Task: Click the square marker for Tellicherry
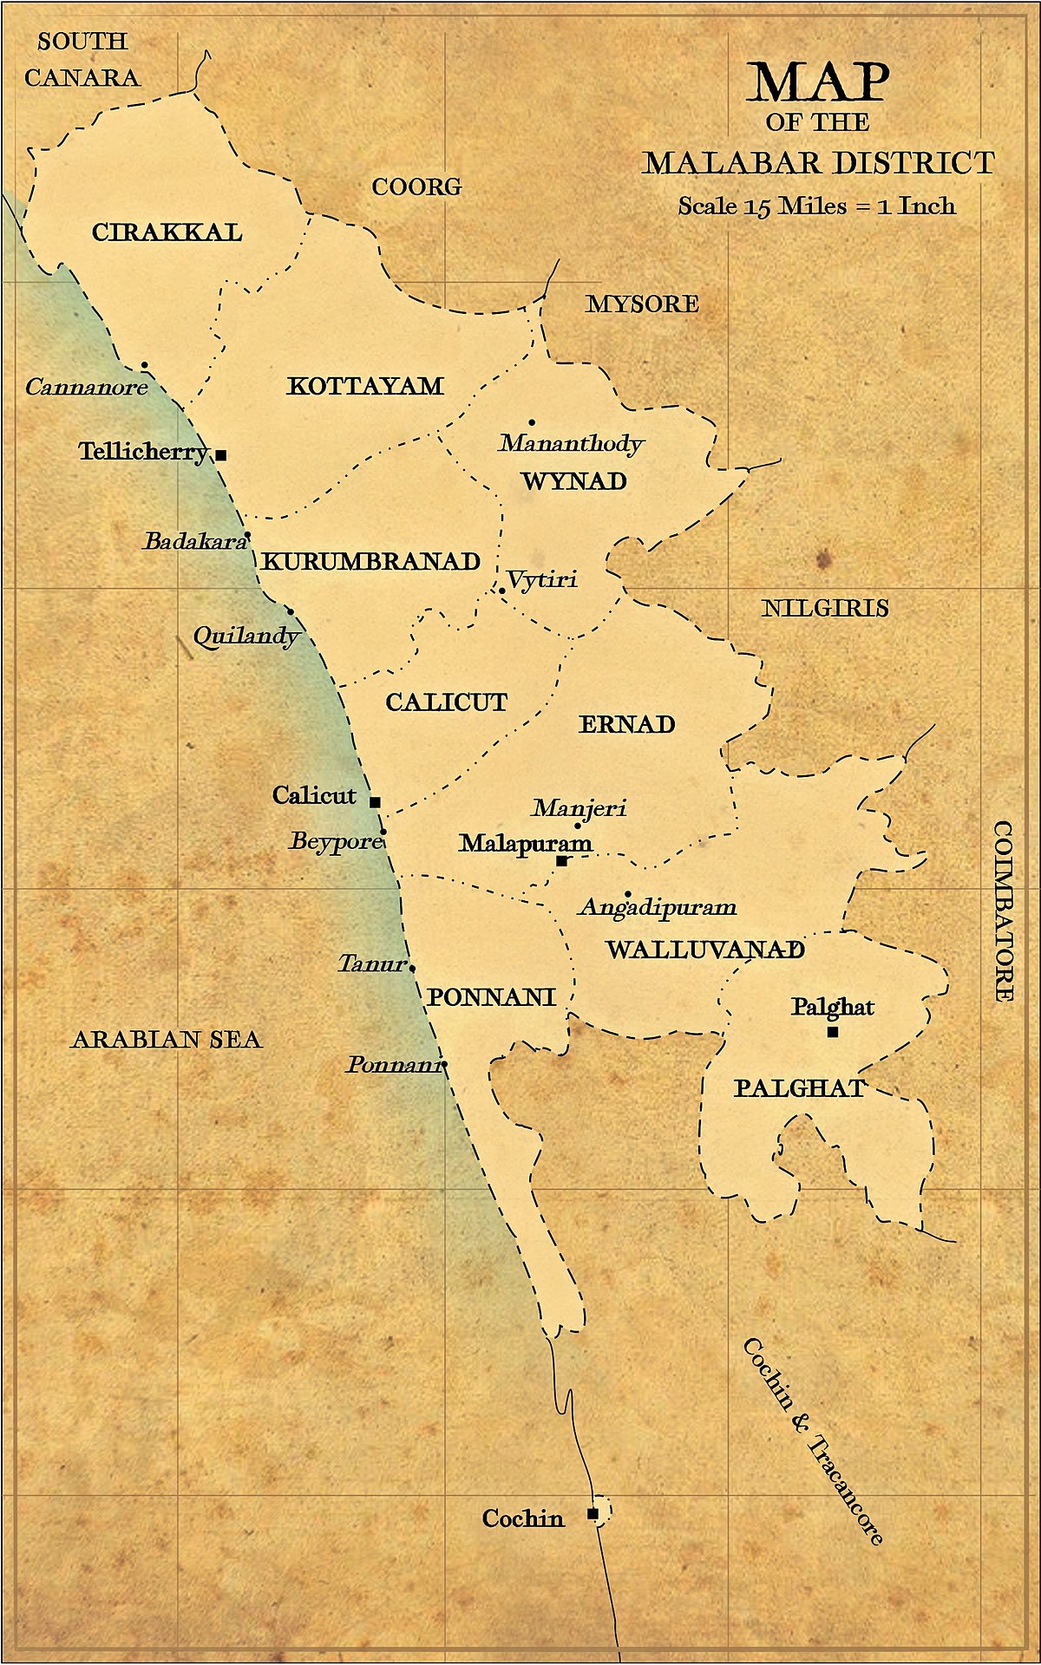(221, 454)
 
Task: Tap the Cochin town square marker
(593, 1513)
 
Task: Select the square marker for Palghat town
(833, 1032)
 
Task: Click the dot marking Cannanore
(144, 365)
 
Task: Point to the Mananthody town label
(571, 444)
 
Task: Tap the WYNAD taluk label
(574, 481)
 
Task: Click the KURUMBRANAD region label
(371, 562)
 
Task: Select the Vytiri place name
(542, 579)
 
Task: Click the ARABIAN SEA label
(167, 1039)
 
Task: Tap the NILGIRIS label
(825, 608)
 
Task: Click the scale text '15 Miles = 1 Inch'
(816, 206)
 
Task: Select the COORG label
(416, 186)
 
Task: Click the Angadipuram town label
(658, 908)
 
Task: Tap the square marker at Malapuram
(562, 861)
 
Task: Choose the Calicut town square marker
(376, 802)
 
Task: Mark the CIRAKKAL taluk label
(167, 232)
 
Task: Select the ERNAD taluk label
(626, 724)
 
